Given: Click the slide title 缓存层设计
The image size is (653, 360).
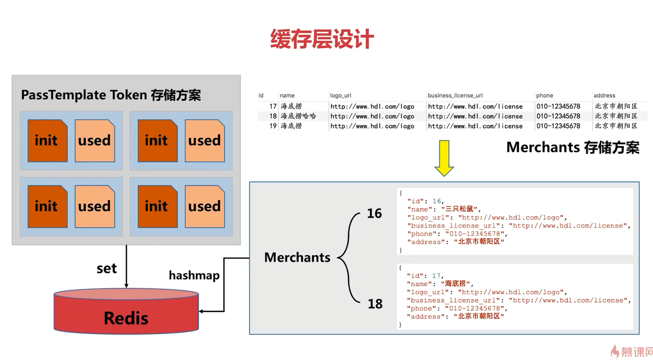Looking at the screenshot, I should point(322,39).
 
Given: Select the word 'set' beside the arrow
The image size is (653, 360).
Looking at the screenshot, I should point(107,268).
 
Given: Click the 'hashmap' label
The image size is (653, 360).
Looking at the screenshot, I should point(194,276).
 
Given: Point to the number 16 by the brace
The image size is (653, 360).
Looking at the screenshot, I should point(374,214).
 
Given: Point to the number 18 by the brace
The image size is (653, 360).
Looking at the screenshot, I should point(375,304).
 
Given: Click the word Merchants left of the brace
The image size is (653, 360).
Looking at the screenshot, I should point(297,257).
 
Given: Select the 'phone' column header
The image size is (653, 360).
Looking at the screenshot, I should point(544,96).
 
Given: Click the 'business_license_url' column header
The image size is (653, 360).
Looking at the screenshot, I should point(455,96).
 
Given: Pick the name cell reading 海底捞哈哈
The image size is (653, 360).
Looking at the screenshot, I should point(298,116).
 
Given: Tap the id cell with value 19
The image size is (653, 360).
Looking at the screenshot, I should point(273,126).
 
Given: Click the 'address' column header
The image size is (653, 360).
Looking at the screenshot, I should point(604,96).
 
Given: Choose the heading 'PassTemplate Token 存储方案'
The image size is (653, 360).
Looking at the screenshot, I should point(111,95).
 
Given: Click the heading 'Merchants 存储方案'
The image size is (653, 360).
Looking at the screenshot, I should point(572,147).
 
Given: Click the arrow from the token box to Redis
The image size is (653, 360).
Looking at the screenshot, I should point(126,266).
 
